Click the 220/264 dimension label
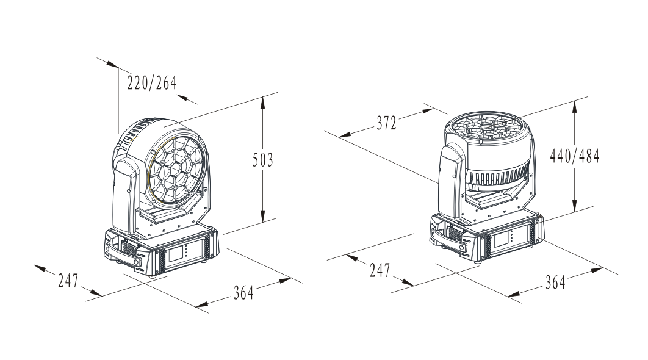tap(152, 83)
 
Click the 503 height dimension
tap(263, 160)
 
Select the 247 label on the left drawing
tap(68, 281)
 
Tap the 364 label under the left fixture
tap(243, 293)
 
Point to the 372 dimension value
tap(387, 123)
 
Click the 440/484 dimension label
tap(574, 156)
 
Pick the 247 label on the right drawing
tap(380, 270)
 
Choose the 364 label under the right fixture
tap(555, 283)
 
